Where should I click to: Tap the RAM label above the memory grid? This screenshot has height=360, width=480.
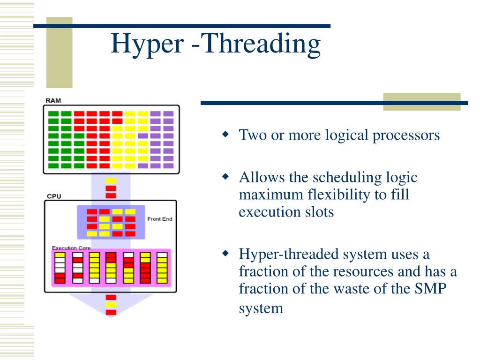coord(53,100)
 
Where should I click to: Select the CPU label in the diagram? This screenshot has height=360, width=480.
coord(53,196)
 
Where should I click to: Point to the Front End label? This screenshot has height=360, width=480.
coord(160,219)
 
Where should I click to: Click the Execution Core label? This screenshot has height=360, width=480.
coord(71,247)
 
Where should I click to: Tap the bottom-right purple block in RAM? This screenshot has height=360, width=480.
coord(168,165)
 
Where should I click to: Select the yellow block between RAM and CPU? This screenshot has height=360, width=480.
coord(111,181)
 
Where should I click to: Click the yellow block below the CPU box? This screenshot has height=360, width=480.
coord(111,305)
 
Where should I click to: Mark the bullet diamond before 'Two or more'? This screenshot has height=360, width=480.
coord(225,135)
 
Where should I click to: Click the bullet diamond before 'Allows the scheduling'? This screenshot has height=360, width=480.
coord(225,178)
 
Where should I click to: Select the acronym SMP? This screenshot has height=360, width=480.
coord(429,289)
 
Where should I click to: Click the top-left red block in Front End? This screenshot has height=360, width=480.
coord(92,212)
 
